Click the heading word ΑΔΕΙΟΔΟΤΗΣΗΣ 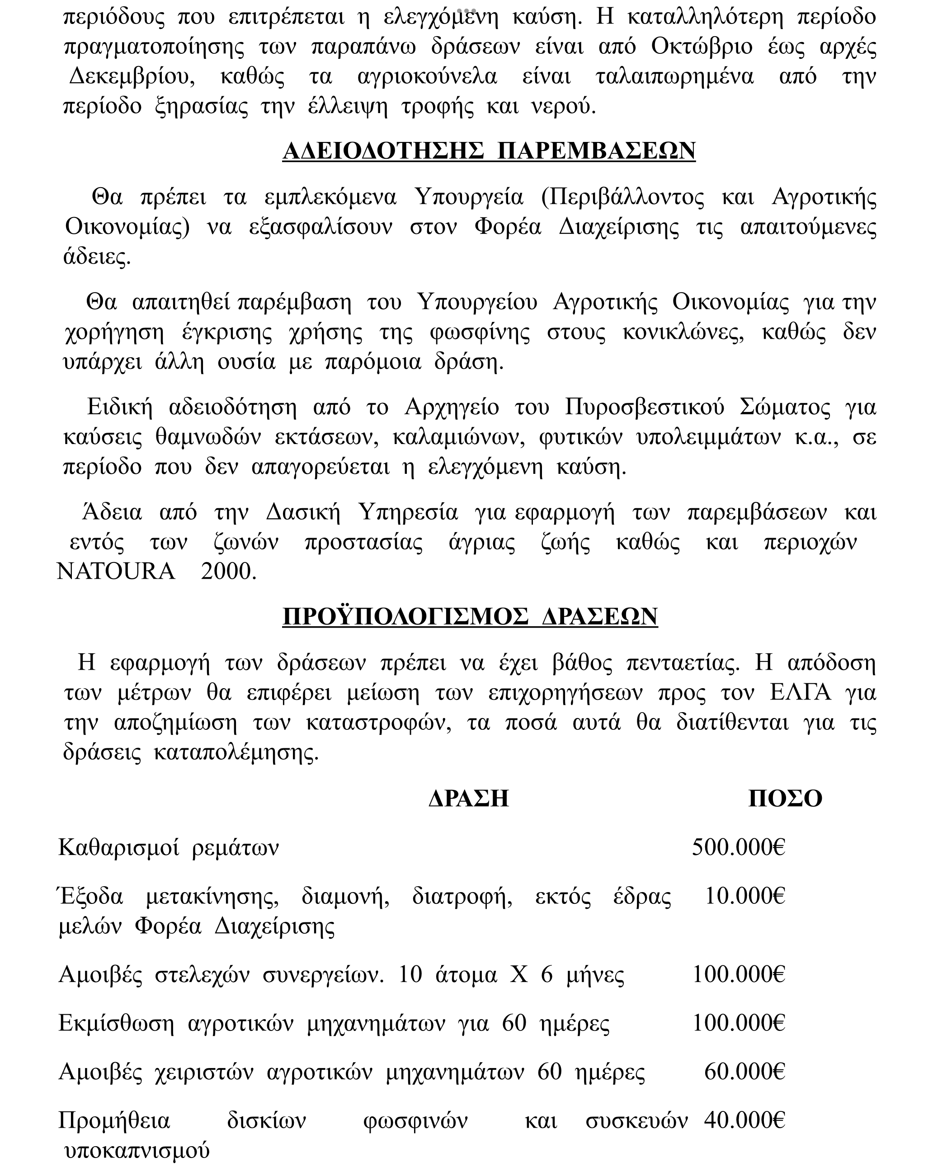383,151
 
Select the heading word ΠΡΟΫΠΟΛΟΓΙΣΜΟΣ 405,617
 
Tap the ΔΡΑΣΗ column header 468,799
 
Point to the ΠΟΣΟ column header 785,799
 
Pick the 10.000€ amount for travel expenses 745,896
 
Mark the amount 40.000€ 745,1120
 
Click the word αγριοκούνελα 427,77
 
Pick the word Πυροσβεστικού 645,407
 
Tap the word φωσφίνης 479,332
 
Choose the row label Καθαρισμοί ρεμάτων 169,847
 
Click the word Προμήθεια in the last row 114,1121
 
